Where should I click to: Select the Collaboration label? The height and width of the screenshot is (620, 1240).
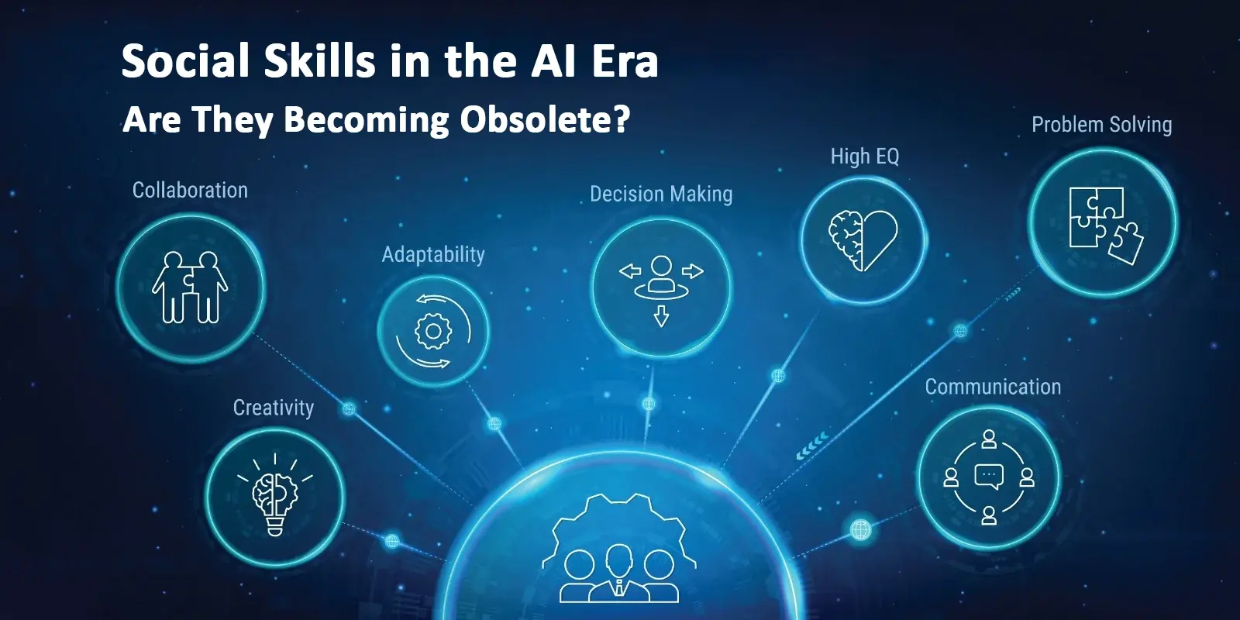(x=190, y=191)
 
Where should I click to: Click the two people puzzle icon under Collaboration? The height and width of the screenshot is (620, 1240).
(x=190, y=288)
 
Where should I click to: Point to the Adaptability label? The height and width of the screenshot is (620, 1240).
(x=433, y=255)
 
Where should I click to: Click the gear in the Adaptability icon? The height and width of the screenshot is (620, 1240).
(x=433, y=331)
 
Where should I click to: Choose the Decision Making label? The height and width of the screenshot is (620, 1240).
(x=661, y=195)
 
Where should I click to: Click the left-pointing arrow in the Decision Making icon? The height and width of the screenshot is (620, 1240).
(x=630, y=271)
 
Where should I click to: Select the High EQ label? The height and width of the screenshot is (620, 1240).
(x=865, y=157)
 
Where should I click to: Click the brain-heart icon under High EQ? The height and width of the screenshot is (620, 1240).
(x=863, y=240)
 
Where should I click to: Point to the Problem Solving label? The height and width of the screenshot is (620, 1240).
(x=1101, y=125)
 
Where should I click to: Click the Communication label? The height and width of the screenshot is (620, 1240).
(x=993, y=387)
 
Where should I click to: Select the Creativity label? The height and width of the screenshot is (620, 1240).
(x=274, y=408)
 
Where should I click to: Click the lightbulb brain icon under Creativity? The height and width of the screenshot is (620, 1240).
(x=275, y=495)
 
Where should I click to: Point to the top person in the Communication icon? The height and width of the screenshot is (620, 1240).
(x=989, y=439)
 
